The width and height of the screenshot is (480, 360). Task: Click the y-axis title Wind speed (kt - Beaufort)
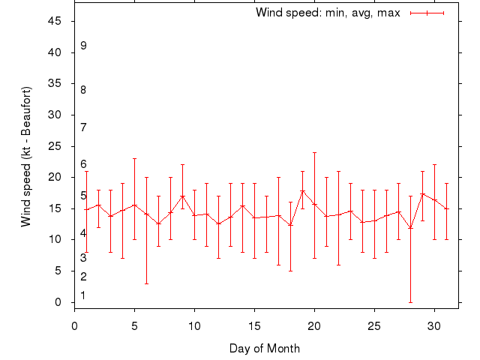[26, 156]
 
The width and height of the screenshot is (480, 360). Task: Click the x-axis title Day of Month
[265, 348]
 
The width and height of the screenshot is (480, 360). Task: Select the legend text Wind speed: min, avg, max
[328, 13]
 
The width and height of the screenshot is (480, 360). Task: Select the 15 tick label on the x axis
[254, 326]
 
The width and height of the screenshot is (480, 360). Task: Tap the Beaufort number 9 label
[83, 46]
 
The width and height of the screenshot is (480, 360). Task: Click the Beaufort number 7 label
[83, 127]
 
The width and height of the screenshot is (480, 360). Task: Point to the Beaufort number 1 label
[83, 295]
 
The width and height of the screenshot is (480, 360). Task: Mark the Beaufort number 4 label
[83, 233]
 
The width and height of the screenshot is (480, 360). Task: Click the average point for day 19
[302, 191]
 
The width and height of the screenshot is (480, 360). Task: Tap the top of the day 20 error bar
[314, 152]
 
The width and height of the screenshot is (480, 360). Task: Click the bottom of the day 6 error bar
[146, 283]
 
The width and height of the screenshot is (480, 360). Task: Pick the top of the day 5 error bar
[134, 158]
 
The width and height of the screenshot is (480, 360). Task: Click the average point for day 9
[182, 196]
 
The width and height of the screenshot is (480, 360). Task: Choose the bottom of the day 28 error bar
[410, 302]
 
